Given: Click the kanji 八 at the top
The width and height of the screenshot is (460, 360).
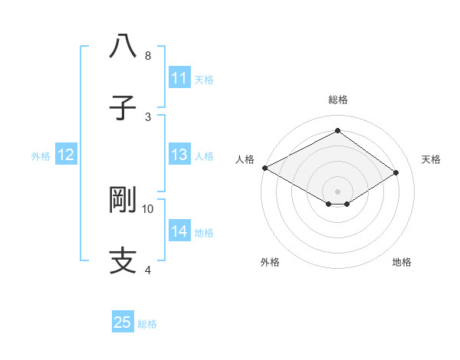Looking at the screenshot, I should (x=123, y=46).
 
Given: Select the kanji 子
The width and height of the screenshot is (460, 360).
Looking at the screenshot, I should (x=123, y=106).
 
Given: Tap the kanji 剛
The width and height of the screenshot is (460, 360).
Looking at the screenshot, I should (x=123, y=199).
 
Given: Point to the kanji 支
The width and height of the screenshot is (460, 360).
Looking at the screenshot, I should (x=123, y=260).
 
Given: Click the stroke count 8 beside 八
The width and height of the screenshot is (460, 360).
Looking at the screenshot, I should (x=148, y=56).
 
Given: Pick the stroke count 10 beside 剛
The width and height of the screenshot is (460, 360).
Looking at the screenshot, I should (x=148, y=208).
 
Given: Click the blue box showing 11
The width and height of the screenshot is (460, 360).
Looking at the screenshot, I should (x=179, y=78).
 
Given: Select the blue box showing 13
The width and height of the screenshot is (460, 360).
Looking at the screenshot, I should (x=179, y=155).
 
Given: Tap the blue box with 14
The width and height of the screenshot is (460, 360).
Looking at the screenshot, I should (x=179, y=231).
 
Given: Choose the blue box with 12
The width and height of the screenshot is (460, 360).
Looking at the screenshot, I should (x=66, y=155).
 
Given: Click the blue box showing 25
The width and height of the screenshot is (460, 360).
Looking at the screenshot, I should (x=123, y=322).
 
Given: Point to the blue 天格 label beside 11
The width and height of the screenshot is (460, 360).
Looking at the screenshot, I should (x=204, y=79).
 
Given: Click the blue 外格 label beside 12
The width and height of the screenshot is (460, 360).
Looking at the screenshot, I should (x=41, y=155).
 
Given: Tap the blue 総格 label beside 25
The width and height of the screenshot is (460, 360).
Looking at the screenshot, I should (x=147, y=323).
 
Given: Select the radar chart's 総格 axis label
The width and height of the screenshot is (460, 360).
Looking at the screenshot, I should (x=337, y=100).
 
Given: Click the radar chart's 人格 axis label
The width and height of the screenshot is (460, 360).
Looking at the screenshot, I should (x=245, y=159).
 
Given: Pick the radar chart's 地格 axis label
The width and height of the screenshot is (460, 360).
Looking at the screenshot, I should (x=402, y=262).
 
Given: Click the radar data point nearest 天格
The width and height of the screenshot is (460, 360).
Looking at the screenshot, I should (x=396, y=173).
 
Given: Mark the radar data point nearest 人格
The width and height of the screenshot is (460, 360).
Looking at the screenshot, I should (x=264, y=167).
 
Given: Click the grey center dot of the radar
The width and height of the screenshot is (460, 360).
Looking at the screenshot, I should (x=337, y=190).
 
